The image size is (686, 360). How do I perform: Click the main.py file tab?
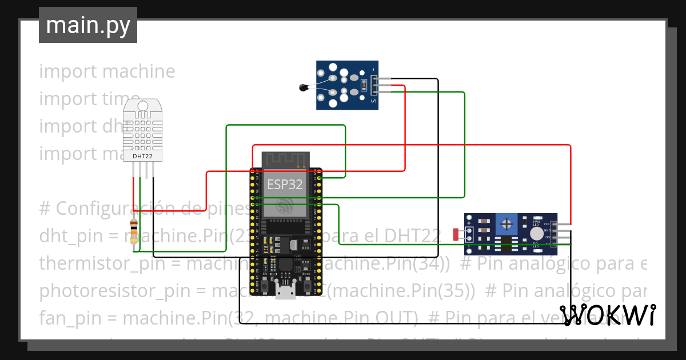pyautogui.click(x=87, y=26)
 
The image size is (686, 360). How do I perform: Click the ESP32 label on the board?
pyautogui.click(x=285, y=185)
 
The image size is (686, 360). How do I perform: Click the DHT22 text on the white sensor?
pyautogui.click(x=142, y=155)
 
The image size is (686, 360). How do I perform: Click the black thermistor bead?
pyautogui.click(x=304, y=87)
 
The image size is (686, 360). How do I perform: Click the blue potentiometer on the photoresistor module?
pyautogui.click(x=506, y=222)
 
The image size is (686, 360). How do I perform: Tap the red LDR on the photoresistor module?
pyautogui.click(x=456, y=234)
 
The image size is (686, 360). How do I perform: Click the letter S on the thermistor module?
pyautogui.click(x=374, y=101)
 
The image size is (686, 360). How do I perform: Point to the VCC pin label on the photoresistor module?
pyautogui.click(x=547, y=224)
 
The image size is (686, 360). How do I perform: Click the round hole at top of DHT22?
pyautogui.click(x=142, y=106)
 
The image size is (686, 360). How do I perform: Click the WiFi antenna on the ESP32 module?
pyautogui.click(x=285, y=159)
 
